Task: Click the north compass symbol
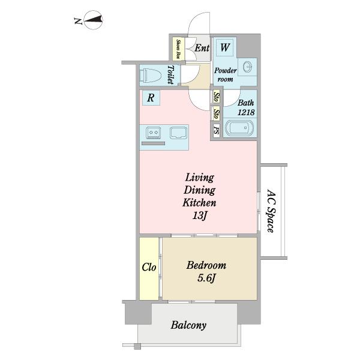[93, 20]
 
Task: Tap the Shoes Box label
[178, 49]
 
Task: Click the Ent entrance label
[202, 48]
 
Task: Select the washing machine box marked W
[225, 47]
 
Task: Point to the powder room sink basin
[247, 67]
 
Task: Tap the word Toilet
[170, 75]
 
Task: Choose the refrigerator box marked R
[151, 98]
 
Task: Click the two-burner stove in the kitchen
[154, 133]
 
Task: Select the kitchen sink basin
[178, 133]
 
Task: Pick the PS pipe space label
[216, 131]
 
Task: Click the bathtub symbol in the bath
[239, 128]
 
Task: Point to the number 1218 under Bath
[246, 112]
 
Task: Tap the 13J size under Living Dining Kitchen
[200, 215]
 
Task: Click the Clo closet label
[149, 267]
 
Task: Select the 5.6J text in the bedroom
[206, 278]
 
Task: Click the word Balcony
[188, 325]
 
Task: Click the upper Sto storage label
[217, 97]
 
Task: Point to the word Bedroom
[206, 265]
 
